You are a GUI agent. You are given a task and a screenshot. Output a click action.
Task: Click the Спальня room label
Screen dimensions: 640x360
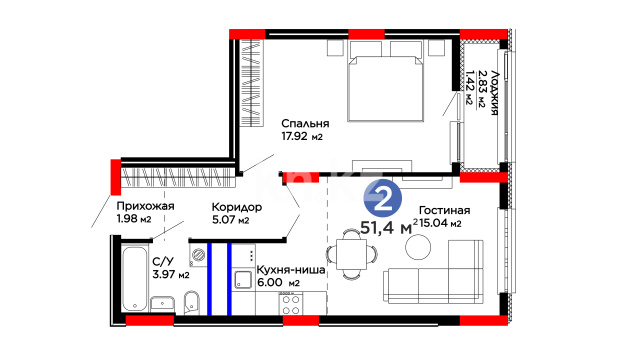pyautogui.click(x=305, y=123)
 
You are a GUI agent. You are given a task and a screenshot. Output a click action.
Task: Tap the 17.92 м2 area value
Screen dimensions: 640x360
pyautogui.click(x=302, y=136)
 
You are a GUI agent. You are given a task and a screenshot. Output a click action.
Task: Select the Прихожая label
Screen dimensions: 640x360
pyautogui.click(x=145, y=206)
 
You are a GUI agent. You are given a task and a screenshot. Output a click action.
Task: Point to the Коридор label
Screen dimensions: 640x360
pyautogui.click(x=237, y=207)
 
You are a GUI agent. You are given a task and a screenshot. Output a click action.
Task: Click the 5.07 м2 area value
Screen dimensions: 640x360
pyautogui.click(x=230, y=220)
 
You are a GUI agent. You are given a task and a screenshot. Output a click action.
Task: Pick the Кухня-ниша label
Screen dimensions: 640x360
pyautogui.click(x=291, y=270)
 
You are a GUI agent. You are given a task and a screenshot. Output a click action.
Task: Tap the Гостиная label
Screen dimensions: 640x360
pyautogui.click(x=444, y=210)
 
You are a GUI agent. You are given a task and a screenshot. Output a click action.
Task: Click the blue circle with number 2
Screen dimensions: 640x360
pyautogui.click(x=383, y=199)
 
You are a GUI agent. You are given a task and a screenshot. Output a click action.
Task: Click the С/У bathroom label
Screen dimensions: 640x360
pyautogui.click(x=163, y=262)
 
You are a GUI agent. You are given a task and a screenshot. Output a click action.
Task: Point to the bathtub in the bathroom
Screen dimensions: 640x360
pyautogui.click(x=134, y=278)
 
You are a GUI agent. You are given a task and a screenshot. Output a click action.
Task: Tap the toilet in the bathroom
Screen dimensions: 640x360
pyautogui.click(x=191, y=302)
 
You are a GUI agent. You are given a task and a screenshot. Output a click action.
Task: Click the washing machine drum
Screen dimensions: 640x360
pyautogui.click(x=198, y=255)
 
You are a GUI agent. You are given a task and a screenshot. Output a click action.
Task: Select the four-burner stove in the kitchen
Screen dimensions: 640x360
pyautogui.click(x=291, y=304)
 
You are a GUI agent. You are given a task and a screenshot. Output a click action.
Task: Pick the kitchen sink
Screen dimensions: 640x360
pyautogui.click(x=243, y=280)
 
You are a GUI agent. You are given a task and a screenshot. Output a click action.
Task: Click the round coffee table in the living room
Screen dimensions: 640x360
pyautogui.click(x=418, y=247)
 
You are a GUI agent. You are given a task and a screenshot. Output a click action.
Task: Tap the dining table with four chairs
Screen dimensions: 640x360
pyautogui.click(x=351, y=254)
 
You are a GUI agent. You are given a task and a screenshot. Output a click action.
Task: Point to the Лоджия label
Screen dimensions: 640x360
pyautogui.click(x=495, y=93)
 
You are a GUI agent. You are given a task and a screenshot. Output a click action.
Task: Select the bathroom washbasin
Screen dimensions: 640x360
pyautogui.click(x=162, y=304)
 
